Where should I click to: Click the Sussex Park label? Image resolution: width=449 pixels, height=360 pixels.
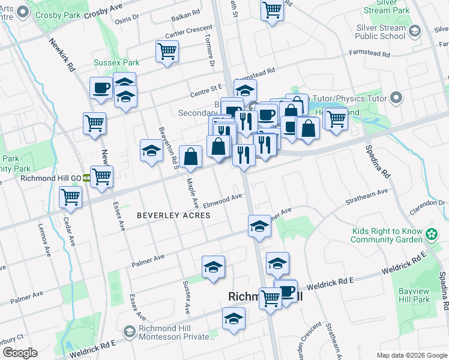point(116,62)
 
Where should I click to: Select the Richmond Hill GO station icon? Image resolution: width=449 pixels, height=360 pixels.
point(86,178)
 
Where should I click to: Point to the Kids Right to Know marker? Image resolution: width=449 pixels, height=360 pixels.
point(430,235)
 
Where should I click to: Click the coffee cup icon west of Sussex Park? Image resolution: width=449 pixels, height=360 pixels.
point(101,88)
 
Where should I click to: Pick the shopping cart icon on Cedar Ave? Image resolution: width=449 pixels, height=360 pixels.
point(71,196)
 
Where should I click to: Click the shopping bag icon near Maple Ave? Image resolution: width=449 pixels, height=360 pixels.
point(190,157)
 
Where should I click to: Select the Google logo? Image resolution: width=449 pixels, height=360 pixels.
point(19,353)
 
